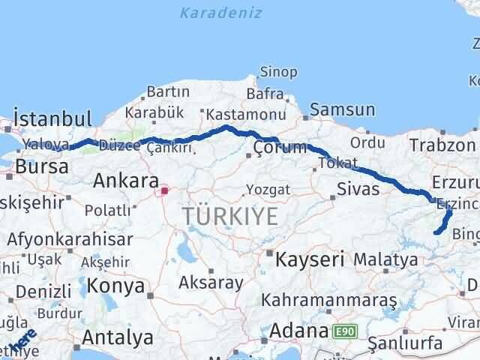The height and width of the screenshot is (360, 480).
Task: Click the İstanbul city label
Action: click(x=52, y=118)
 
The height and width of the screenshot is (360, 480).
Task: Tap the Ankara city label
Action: click(x=125, y=181)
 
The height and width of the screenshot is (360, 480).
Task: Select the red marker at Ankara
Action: click(x=164, y=190)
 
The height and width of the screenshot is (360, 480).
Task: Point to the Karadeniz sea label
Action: click(x=211, y=13)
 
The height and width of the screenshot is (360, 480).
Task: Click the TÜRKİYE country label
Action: click(x=230, y=217)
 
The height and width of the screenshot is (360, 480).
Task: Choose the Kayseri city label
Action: click(x=310, y=260)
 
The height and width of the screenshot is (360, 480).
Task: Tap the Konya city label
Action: click(x=115, y=286)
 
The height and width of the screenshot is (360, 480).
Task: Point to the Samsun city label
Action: click(x=342, y=109)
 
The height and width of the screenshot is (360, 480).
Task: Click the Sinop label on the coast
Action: click(x=278, y=72)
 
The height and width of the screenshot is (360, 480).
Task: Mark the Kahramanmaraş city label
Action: click(x=329, y=300)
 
